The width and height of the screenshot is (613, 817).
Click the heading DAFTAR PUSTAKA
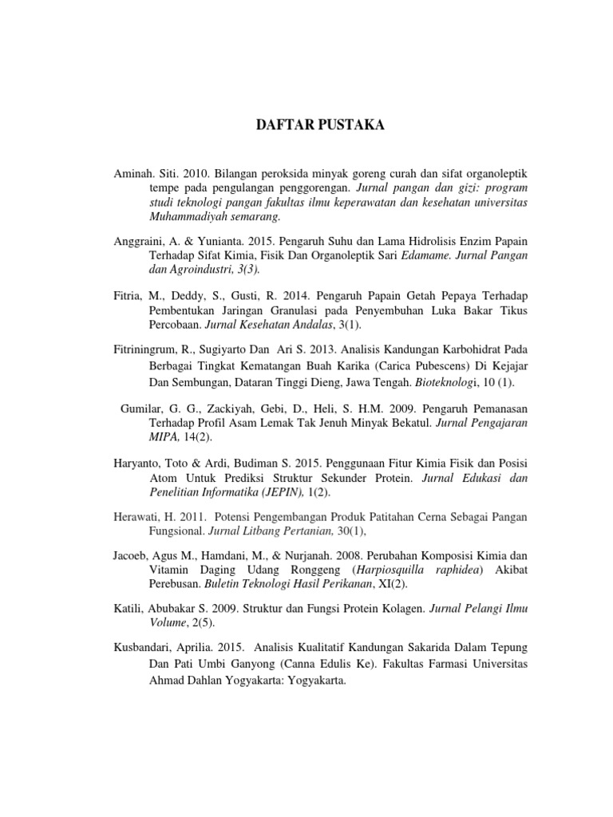pos(306,125)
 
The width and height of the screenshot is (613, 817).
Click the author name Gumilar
pos(142,408)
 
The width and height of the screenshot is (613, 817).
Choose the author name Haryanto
pos(137,464)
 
